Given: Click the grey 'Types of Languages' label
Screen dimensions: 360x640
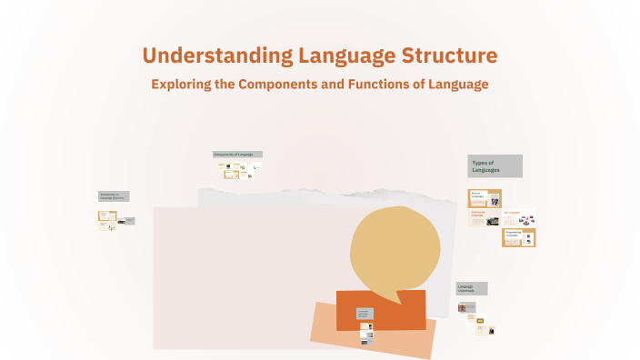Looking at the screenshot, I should click(x=495, y=166).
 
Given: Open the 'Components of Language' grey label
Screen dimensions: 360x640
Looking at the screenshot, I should click(x=237, y=155).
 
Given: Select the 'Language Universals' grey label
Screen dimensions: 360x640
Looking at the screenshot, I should click(x=472, y=288).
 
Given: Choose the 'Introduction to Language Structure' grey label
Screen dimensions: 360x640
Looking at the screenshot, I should click(x=115, y=196).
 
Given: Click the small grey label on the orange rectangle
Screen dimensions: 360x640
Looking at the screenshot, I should click(x=365, y=314).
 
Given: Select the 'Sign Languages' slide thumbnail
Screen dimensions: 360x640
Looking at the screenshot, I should click(x=519, y=217).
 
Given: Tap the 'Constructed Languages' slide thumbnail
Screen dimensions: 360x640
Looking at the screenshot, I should click(x=484, y=218).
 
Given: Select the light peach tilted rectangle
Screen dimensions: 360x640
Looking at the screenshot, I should click(x=373, y=332).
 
